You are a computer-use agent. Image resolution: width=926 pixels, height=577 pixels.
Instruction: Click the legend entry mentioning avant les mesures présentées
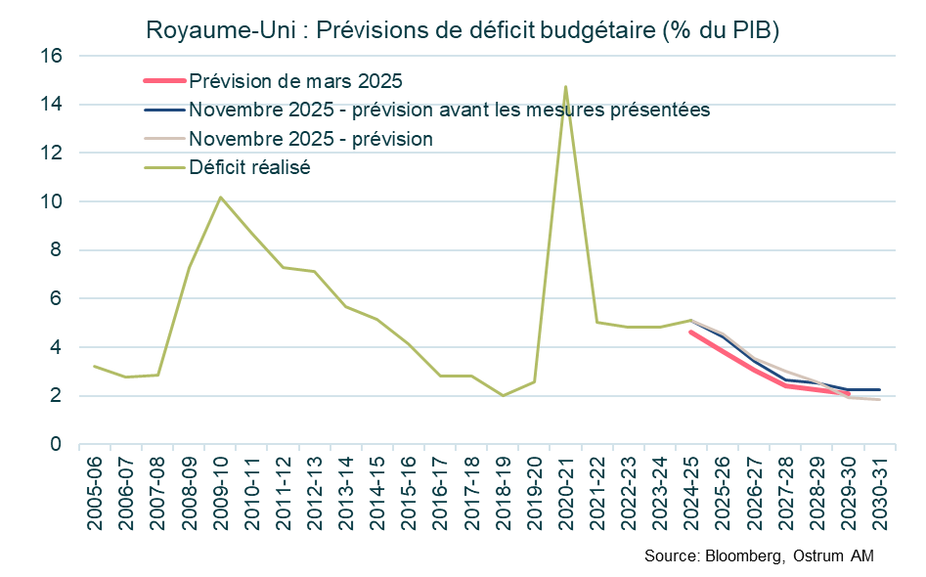(449, 110)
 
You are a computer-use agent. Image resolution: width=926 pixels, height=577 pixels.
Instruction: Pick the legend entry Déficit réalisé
(249, 167)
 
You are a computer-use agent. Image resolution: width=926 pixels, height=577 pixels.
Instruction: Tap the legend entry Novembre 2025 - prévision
(311, 139)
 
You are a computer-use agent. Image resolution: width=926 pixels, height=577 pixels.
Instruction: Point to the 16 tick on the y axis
(51, 57)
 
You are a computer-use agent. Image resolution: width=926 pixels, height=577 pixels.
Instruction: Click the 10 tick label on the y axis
(51, 202)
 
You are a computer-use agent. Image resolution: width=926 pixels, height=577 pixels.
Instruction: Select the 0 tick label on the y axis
(57, 445)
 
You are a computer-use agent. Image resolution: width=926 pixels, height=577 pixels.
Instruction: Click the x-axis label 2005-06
(95, 493)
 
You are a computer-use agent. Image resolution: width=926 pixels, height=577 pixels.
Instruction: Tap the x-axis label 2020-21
(566, 493)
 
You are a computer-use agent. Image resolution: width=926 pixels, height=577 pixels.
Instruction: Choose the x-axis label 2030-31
(880, 493)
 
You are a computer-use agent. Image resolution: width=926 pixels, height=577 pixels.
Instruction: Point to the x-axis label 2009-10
(221, 493)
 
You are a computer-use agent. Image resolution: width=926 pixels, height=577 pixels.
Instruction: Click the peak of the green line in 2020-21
(565, 87)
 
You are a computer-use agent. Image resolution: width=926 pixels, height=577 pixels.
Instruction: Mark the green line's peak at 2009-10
(220, 198)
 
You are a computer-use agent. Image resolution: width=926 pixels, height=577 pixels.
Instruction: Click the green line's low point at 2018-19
(503, 395)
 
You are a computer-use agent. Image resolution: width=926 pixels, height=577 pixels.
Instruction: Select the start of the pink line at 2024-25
(691, 332)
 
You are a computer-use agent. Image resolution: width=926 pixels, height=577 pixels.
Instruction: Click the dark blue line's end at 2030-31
(880, 389)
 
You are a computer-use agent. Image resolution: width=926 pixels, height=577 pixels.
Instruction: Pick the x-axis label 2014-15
(377, 493)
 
